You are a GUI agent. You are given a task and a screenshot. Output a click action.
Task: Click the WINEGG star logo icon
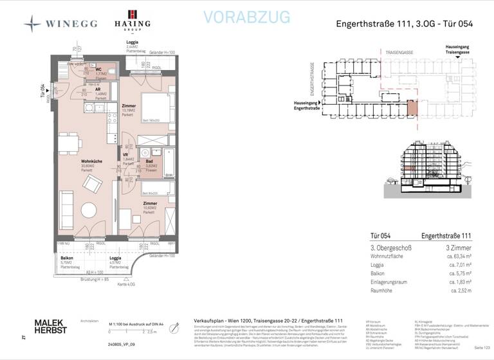click(33, 24)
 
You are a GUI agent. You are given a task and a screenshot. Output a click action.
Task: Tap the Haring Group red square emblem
click(132, 14)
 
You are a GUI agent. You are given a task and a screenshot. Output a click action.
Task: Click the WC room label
click(98, 70)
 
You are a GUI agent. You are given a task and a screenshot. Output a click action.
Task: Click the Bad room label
click(149, 161)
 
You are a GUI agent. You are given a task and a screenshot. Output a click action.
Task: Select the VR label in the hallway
click(126, 155)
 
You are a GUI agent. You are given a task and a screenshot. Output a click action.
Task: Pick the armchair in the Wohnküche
click(91, 185)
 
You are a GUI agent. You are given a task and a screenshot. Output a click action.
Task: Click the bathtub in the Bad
click(169, 162)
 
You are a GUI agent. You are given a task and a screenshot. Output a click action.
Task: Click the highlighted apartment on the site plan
click(412, 108)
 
